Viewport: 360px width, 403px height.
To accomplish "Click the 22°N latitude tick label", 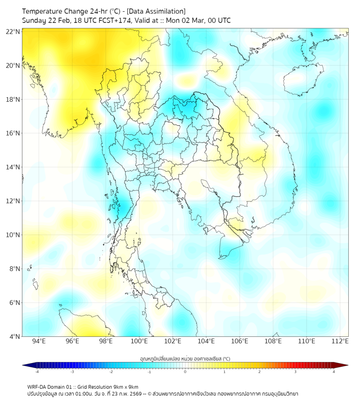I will coord(13,31).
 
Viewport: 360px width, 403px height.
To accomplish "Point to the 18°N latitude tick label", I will coord(13,100).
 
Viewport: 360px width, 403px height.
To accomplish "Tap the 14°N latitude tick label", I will coord(13,167).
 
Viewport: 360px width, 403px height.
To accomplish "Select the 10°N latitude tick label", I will coord(13,235).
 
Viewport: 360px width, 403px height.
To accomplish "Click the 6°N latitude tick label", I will coord(13,303).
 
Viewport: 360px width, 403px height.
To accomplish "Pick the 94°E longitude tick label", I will coord(39,341).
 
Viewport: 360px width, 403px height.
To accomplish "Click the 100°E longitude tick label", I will coord(140,341).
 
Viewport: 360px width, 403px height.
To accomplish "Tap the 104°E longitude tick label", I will coord(206,341).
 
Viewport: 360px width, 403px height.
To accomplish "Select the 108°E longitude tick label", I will coord(273,341).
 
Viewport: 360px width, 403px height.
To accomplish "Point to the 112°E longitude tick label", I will coord(340,341).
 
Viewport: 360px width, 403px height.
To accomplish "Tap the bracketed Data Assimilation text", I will coord(157,11).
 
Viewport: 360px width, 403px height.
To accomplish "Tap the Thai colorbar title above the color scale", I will coord(185,359).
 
